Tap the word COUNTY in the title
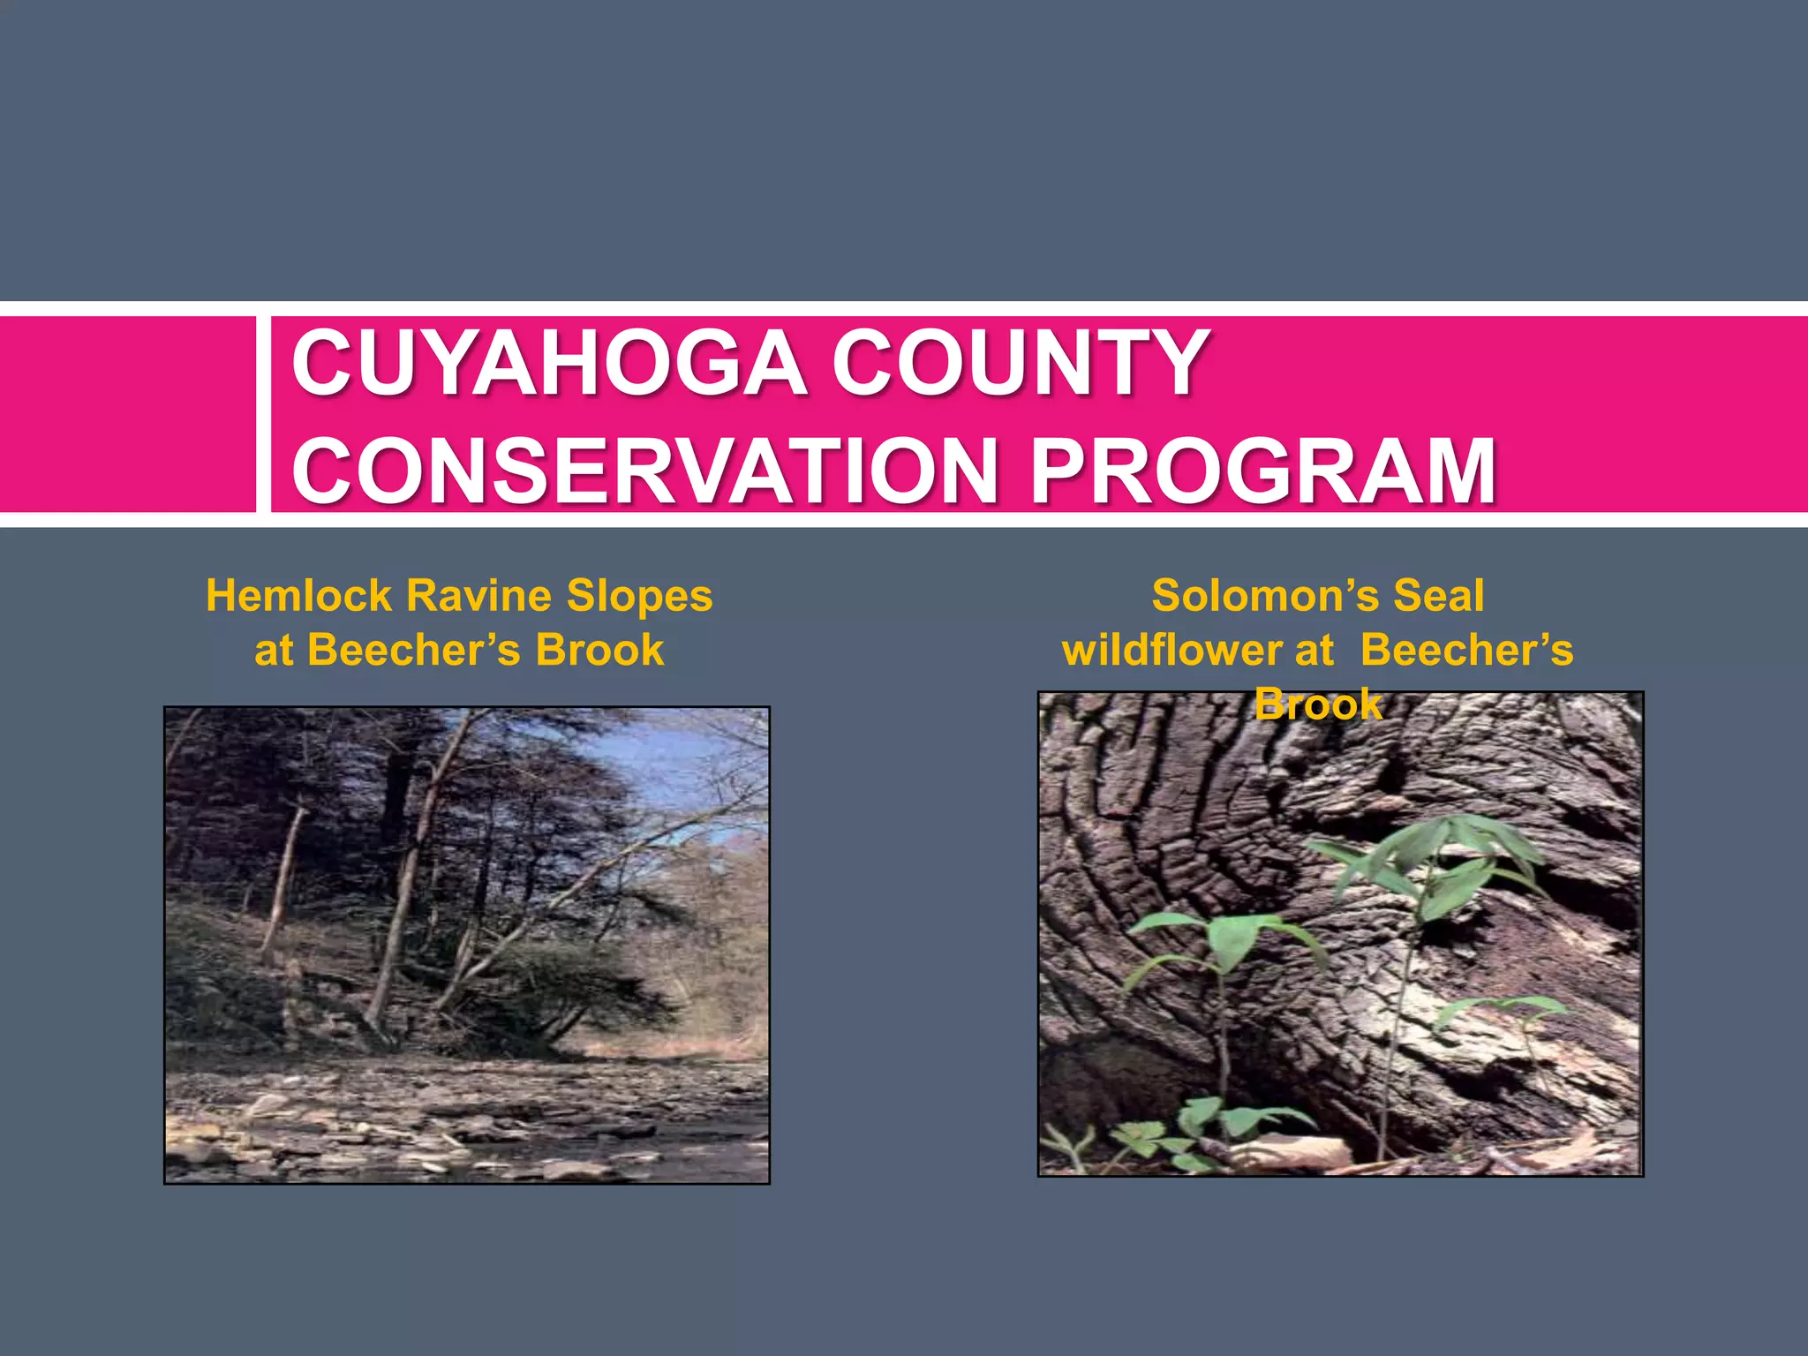1020,363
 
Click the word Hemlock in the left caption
298,596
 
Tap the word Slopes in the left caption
639,596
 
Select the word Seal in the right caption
1439,596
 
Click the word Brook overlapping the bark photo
1318,704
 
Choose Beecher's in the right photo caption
1466,651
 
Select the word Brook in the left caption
599,651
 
